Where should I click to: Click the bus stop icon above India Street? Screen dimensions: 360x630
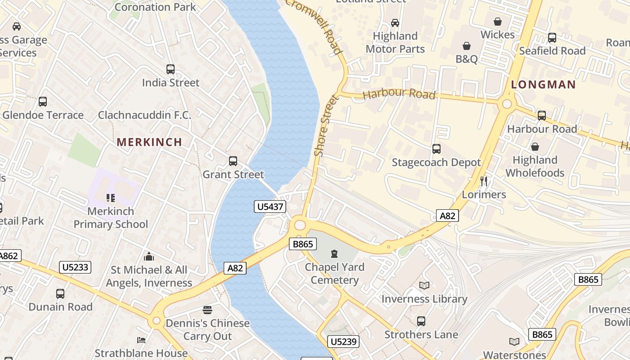point(171,69)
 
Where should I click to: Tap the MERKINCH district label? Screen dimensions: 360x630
point(149,142)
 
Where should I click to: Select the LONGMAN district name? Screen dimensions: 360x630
point(543,85)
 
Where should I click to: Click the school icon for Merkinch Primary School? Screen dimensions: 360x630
point(111,198)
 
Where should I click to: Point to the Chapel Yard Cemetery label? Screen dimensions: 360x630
point(334,274)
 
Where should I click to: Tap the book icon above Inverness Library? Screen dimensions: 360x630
point(424,285)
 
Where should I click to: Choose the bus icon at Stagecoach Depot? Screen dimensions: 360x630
point(436,149)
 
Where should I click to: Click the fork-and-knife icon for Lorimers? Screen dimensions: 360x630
point(484,181)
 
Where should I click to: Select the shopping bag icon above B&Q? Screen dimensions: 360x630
point(467,46)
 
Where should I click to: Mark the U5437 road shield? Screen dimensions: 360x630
point(270,207)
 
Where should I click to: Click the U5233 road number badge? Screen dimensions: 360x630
point(75,267)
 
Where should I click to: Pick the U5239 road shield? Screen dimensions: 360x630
point(343,342)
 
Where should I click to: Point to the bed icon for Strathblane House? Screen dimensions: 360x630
point(141,340)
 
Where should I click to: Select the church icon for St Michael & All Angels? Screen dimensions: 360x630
point(149,257)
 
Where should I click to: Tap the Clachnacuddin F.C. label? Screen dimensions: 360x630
point(144,115)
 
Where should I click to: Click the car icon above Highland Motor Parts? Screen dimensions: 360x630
point(395,23)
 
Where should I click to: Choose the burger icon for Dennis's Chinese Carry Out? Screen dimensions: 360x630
point(207,310)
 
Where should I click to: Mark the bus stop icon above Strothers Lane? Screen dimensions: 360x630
point(421,321)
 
